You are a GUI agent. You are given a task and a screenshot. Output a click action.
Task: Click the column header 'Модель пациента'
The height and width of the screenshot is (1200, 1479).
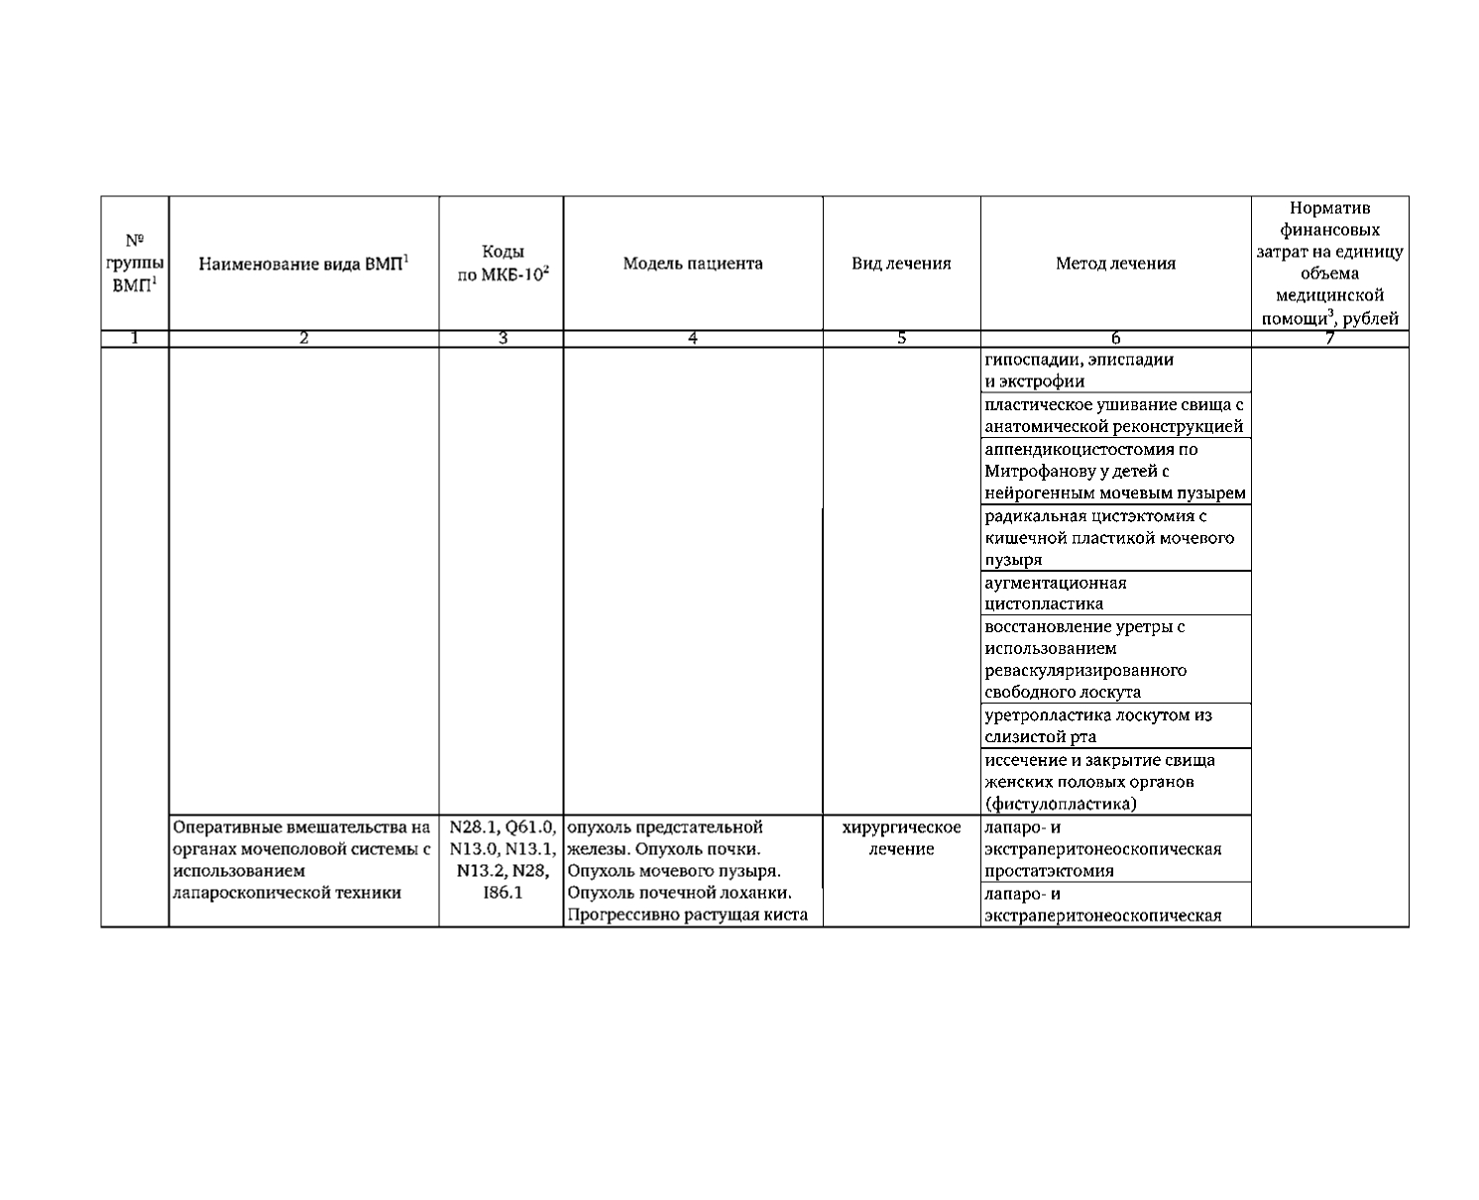pos(693,264)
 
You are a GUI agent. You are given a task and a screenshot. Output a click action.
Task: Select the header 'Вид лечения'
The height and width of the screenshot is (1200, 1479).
pos(901,264)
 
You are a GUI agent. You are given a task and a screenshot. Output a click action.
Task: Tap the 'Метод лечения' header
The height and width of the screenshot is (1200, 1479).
pos(1115,264)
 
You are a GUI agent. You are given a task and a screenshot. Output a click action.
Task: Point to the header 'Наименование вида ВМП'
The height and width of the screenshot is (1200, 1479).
pos(303,264)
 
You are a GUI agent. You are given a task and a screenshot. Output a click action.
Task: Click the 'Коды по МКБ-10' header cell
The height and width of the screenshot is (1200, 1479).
pos(502,264)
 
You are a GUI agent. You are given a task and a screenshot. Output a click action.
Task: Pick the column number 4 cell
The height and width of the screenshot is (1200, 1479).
pos(693,339)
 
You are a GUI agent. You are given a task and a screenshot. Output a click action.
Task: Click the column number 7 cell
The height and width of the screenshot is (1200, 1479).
pos(1329,339)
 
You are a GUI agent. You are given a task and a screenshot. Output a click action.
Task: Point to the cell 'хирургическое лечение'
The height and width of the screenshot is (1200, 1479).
pos(901,838)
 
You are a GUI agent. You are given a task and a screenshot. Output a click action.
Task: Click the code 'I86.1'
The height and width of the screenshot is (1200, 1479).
pos(503,893)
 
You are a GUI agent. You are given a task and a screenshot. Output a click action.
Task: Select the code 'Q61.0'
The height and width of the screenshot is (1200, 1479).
pos(530,827)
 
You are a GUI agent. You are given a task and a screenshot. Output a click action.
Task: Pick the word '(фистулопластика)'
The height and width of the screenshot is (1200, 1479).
pos(1061,804)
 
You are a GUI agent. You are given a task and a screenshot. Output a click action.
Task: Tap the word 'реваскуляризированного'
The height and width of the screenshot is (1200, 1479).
pos(1084,670)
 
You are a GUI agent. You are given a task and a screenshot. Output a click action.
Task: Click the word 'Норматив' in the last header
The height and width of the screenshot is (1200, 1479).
pos(1329,208)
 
